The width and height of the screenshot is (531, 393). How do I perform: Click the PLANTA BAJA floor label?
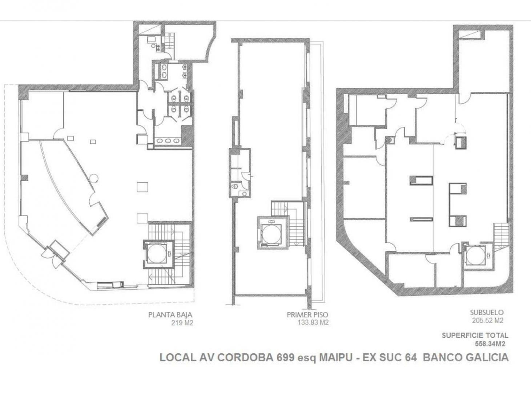pos(170,315)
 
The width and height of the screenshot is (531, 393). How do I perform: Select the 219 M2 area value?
pos(182,323)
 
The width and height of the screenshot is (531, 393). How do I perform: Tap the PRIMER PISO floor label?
pos(307,314)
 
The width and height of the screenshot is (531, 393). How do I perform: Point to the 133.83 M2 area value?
pos(313,322)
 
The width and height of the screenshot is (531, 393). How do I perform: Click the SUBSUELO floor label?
pos(487,312)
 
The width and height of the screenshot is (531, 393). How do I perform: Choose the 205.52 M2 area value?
pos(487,321)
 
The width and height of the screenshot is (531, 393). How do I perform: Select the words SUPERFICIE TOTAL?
pos(475,335)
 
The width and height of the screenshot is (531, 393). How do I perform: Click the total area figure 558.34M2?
pos(490,343)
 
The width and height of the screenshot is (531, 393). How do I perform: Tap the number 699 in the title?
pos(285,357)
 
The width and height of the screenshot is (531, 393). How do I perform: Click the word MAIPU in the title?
pos(335,357)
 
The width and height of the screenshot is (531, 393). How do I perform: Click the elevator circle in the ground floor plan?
pos(157,254)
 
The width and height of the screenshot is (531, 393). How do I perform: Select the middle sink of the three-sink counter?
pos(168,141)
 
